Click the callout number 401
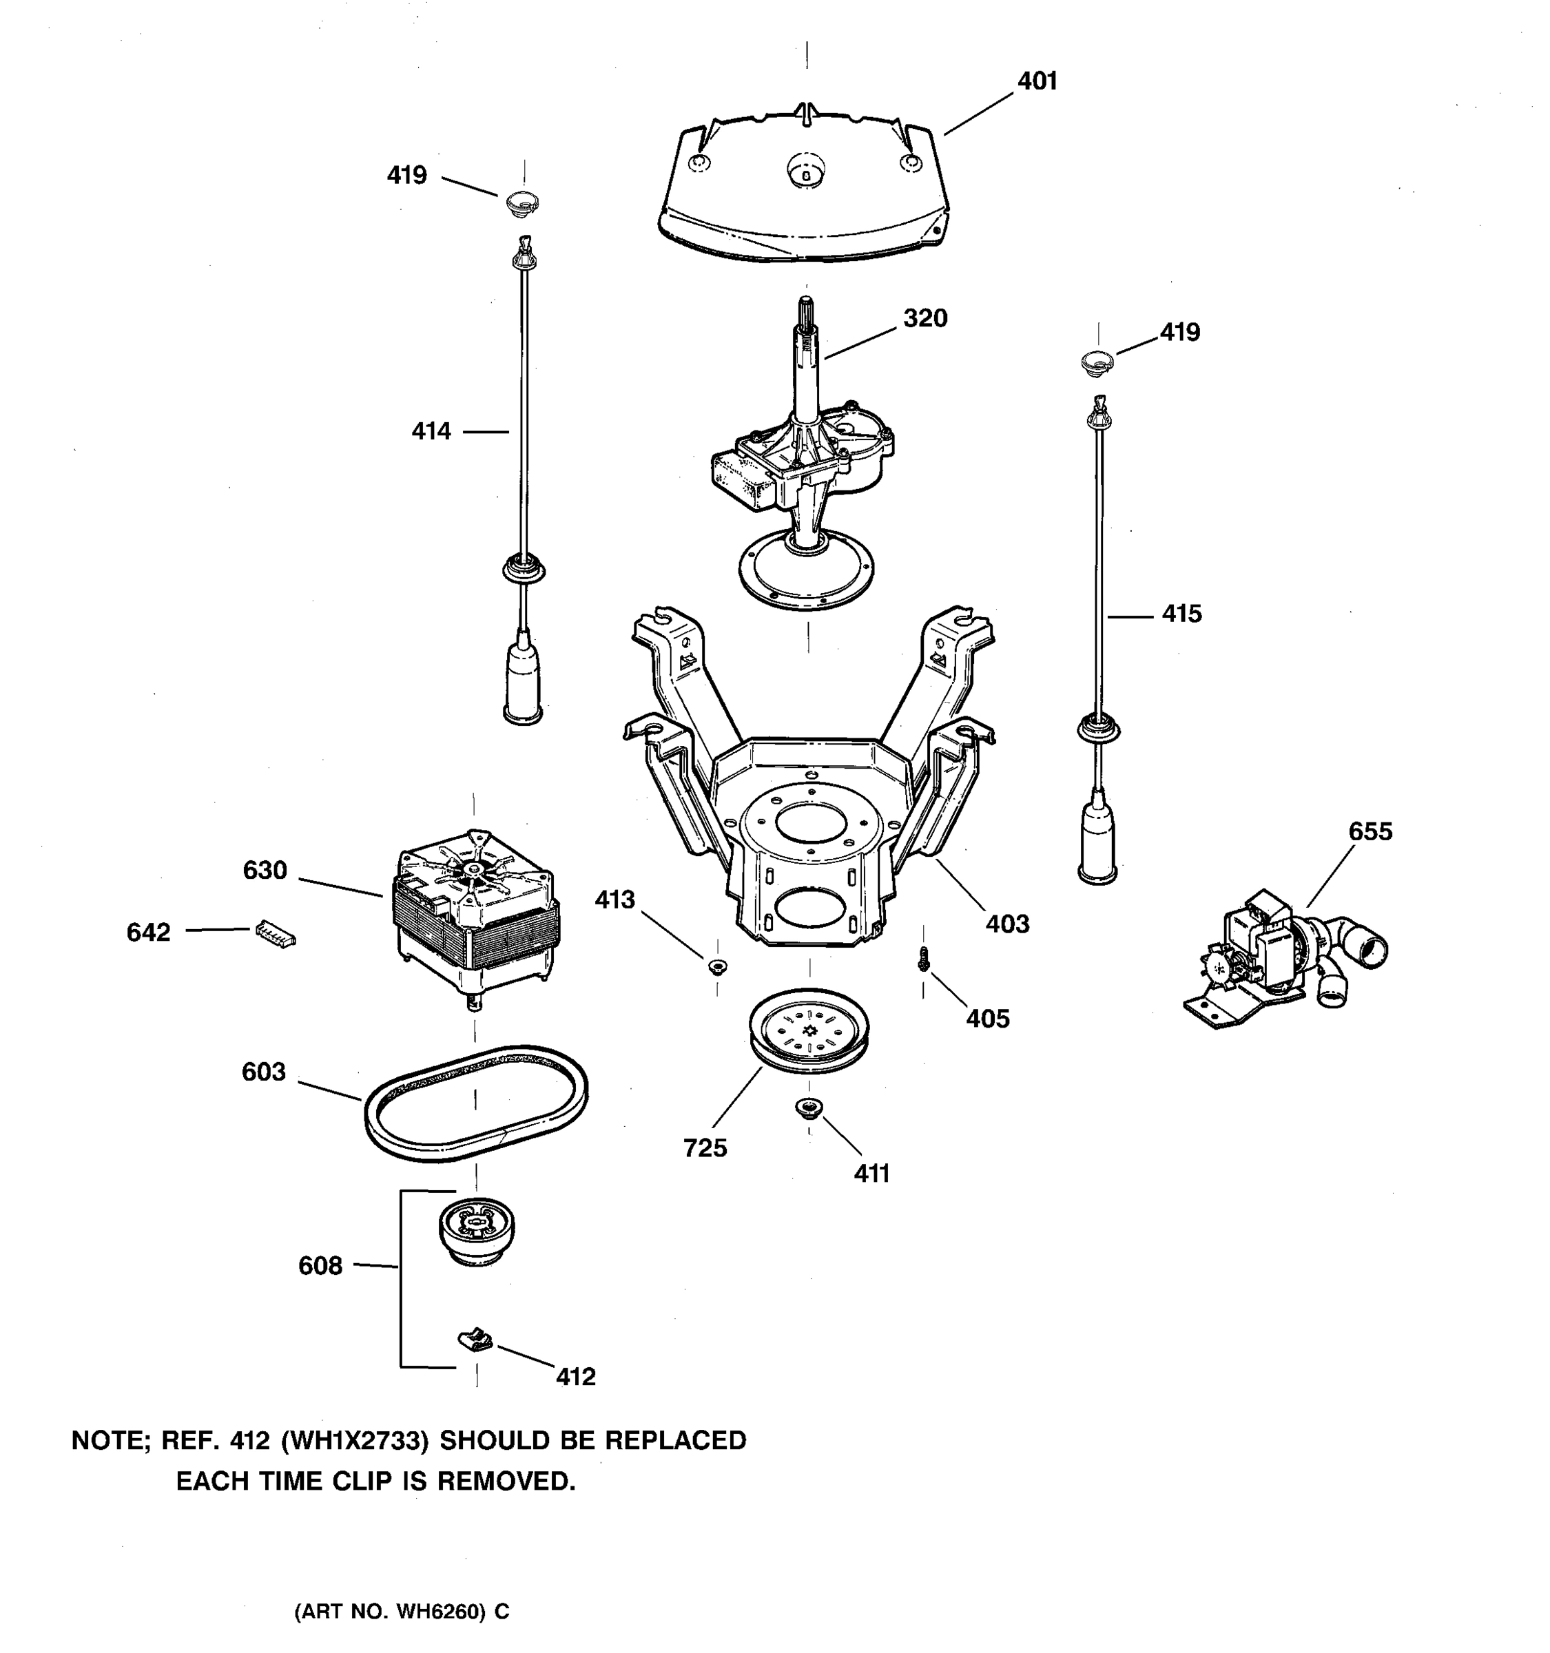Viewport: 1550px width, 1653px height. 1037,81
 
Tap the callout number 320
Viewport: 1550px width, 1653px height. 924,318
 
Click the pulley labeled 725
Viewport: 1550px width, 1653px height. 808,1032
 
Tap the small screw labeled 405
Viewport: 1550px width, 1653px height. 923,959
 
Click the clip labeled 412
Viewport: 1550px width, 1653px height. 475,1340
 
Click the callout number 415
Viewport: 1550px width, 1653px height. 1181,614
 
